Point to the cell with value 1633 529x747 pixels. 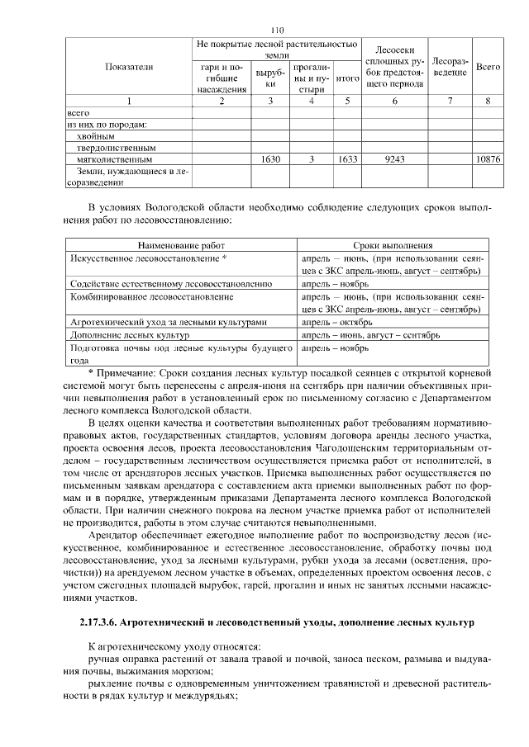tap(347, 158)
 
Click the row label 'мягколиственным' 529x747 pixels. tap(113, 158)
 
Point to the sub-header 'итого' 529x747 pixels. tap(347, 78)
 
